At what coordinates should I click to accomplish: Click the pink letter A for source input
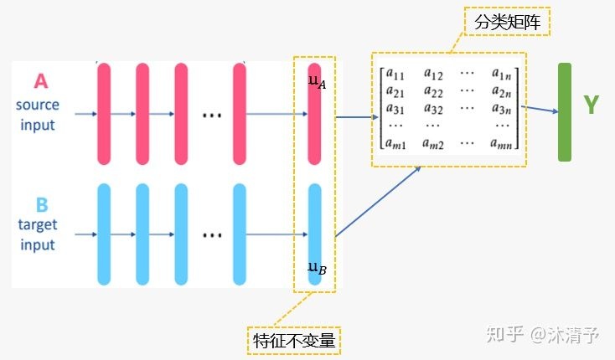[40, 81]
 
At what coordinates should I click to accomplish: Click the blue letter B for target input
[40, 204]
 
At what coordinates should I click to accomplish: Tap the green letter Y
[592, 105]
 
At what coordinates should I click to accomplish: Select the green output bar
[564, 111]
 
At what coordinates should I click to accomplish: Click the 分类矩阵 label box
[505, 22]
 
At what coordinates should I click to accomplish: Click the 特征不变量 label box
[296, 340]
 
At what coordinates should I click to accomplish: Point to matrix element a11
[395, 75]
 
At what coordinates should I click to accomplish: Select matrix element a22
[433, 91]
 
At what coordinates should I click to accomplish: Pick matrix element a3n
[503, 108]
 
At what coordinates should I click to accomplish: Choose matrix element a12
[433, 75]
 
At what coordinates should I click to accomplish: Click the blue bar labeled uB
[314, 234]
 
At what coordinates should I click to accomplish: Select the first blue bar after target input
[104, 234]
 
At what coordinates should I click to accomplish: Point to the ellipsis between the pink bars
[209, 115]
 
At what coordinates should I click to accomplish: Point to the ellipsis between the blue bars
[209, 235]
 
